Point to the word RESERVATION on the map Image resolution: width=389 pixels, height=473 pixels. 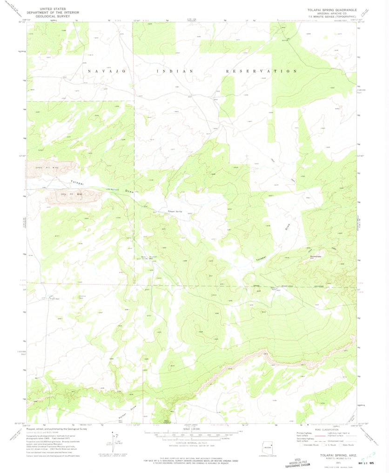click(x=261, y=71)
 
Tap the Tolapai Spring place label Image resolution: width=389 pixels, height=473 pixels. click(x=174, y=211)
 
